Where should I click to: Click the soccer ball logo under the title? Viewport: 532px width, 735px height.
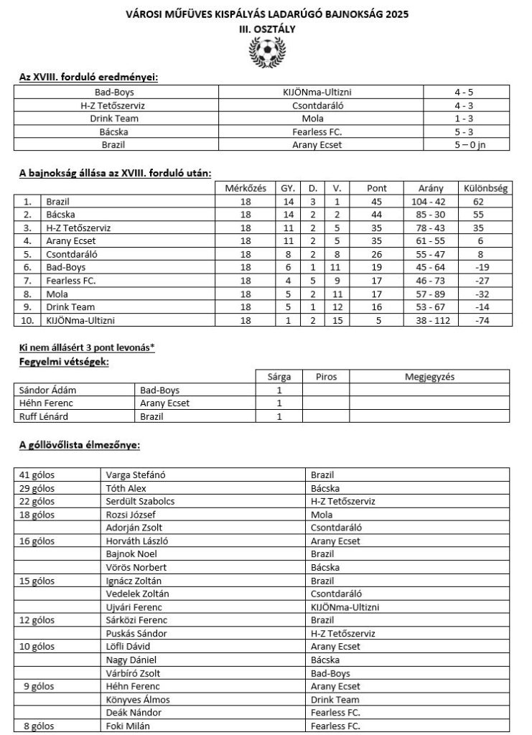[x=266, y=52]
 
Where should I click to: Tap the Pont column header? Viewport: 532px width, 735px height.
[x=377, y=189]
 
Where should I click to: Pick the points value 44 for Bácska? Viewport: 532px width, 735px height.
[x=377, y=215]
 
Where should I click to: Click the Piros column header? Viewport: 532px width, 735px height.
[x=325, y=376]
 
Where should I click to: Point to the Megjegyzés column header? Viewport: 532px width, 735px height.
[x=429, y=376]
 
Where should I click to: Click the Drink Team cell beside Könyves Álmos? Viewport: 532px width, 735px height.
[x=335, y=699]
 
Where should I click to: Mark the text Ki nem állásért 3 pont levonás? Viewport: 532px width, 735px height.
[x=86, y=348]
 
